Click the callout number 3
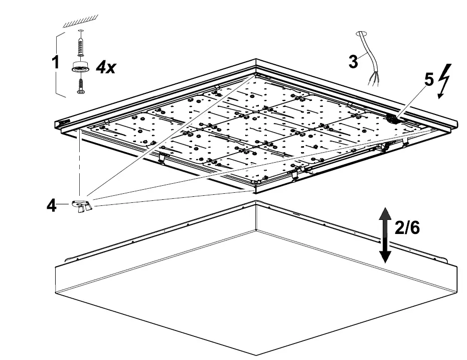click(x=354, y=62)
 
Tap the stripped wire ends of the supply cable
click(x=373, y=79)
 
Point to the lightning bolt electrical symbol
click(x=443, y=80)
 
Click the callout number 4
click(x=51, y=205)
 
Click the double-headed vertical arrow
click(x=385, y=234)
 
